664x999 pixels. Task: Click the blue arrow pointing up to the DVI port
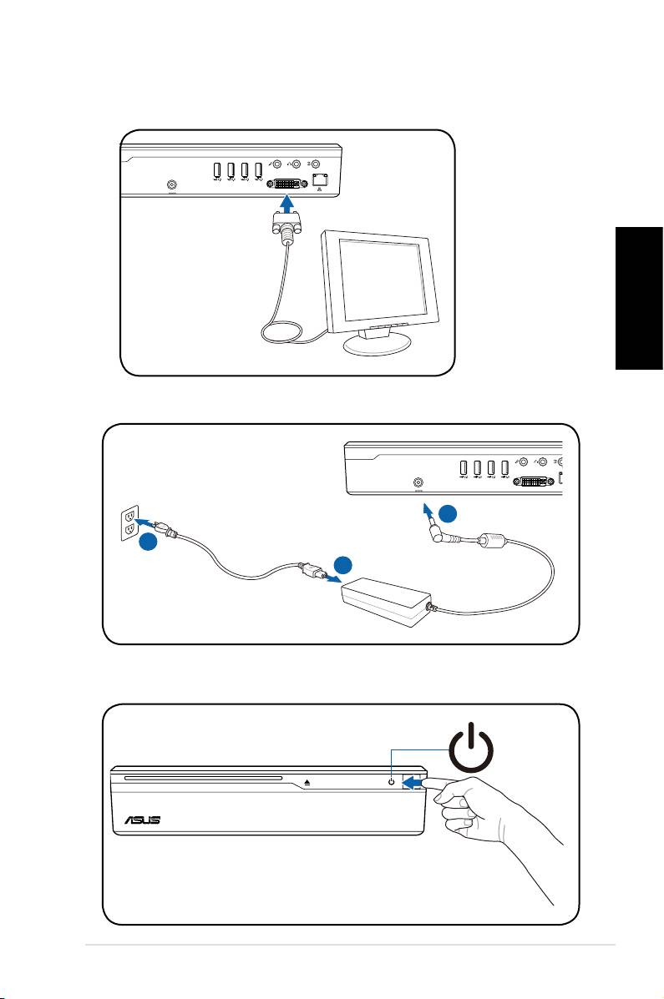pyautogui.click(x=286, y=204)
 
